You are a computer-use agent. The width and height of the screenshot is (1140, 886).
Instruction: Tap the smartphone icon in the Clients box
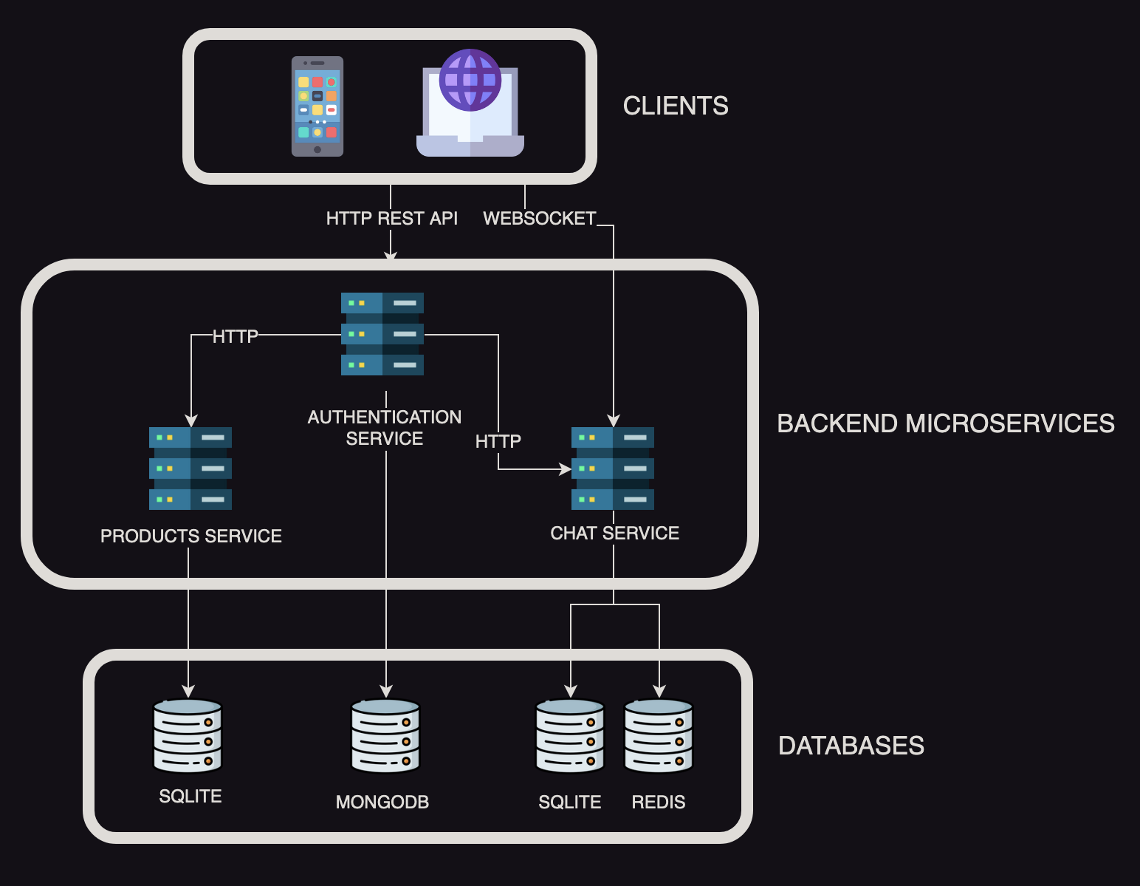click(317, 106)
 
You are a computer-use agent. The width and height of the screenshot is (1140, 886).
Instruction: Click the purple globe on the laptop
click(470, 80)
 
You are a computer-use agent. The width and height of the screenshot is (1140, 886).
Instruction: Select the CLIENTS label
click(675, 106)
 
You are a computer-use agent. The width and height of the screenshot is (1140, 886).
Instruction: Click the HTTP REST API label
click(391, 219)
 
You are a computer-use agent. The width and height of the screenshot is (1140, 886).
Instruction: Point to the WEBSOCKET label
click(539, 219)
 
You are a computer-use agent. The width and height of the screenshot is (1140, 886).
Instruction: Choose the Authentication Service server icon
click(382, 334)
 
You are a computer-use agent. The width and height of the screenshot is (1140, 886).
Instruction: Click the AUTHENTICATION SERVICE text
click(385, 428)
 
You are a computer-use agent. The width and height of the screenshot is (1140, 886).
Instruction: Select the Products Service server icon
click(190, 468)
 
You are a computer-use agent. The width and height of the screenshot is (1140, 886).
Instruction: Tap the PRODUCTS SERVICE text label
click(191, 536)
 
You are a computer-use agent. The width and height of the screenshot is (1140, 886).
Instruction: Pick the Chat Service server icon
click(613, 468)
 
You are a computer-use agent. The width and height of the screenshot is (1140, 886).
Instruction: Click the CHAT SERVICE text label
click(614, 533)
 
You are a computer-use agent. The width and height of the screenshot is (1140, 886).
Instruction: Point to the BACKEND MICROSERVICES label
click(945, 423)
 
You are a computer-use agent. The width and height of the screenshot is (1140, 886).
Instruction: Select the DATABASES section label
click(851, 746)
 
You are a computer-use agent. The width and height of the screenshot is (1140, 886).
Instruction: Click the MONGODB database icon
click(385, 736)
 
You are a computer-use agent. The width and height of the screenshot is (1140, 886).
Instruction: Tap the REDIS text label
click(658, 802)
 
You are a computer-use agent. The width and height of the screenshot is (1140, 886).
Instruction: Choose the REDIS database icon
click(659, 736)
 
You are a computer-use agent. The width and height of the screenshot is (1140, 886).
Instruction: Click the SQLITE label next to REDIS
click(569, 802)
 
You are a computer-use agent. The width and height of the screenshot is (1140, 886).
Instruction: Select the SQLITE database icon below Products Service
click(188, 736)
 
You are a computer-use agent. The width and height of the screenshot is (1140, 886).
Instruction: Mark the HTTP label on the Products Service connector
click(236, 336)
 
